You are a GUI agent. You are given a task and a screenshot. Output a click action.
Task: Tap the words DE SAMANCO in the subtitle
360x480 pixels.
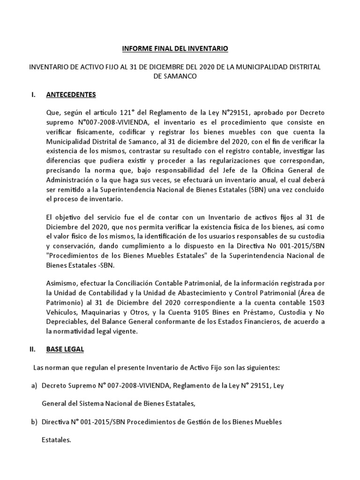(175, 76)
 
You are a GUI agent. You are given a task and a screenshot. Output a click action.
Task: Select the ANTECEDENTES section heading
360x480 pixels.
(71, 95)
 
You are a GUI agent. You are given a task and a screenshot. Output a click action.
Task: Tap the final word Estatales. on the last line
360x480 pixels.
(56, 440)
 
